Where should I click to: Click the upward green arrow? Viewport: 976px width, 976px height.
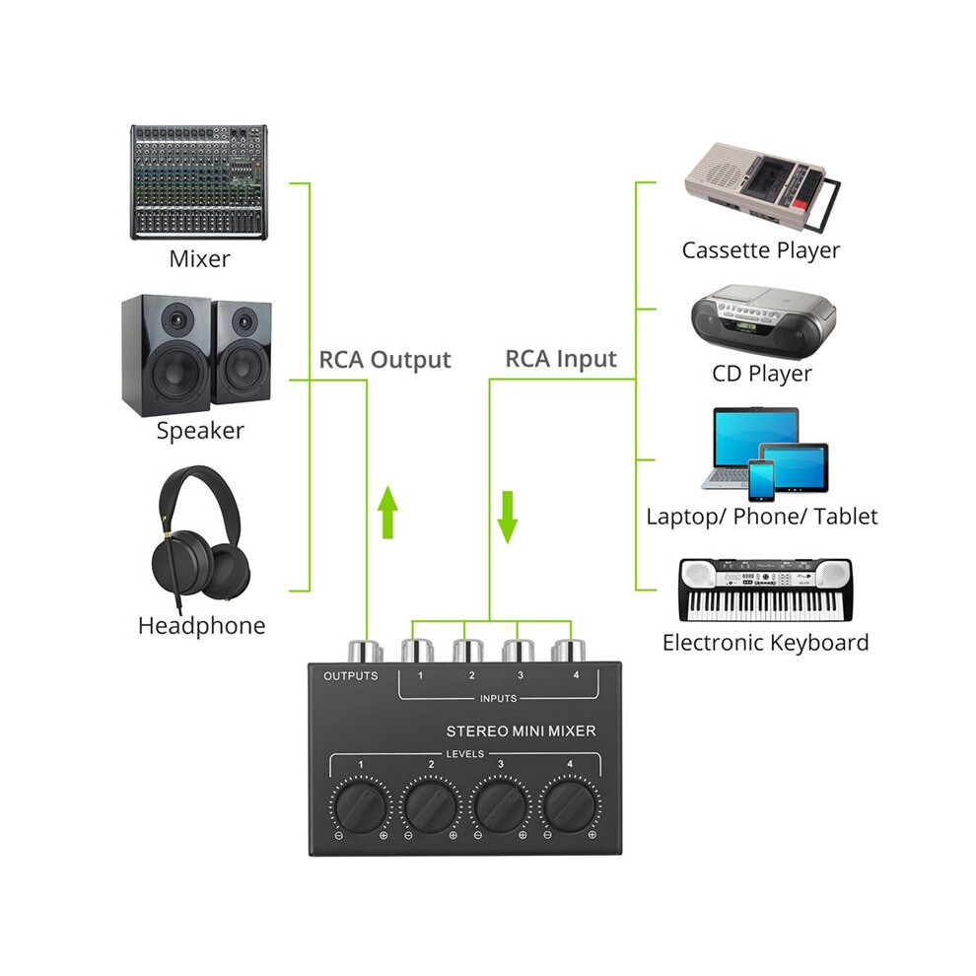tap(387, 513)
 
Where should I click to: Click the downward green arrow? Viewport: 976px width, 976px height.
tap(508, 518)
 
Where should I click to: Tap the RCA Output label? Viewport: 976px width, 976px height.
tap(384, 360)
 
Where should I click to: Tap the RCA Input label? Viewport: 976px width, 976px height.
tap(561, 359)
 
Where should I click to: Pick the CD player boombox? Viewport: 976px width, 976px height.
tap(763, 321)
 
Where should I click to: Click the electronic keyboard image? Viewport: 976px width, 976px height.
tap(765, 591)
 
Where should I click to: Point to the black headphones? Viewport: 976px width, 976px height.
tap(200, 536)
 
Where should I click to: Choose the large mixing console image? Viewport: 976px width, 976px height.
tap(198, 181)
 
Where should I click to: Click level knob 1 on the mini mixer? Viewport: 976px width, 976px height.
tap(361, 806)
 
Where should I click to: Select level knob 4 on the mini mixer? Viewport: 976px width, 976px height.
tap(570, 806)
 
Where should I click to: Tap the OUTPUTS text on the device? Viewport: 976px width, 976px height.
tap(350, 676)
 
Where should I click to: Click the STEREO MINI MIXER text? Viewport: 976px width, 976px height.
tap(521, 731)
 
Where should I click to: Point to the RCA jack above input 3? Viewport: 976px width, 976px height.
tap(518, 651)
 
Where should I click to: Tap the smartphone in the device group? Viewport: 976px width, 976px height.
tap(761, 480)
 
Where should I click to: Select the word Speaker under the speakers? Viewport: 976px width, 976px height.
tap(200, 431)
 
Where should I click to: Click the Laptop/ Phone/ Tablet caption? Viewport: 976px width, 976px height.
tap(762, 517)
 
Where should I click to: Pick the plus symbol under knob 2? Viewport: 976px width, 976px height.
tap(453, 835)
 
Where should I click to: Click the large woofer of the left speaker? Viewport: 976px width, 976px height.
tap(174, 371)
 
